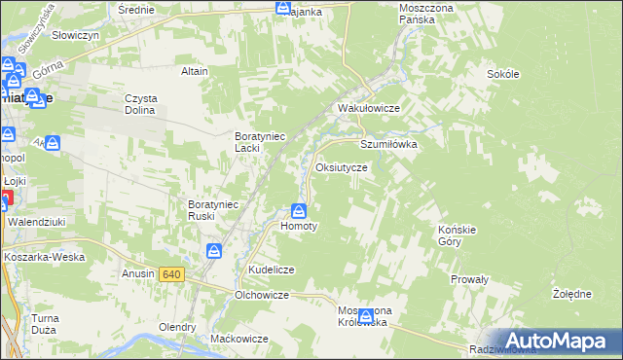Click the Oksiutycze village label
[342, 167]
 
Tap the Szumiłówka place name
[388, 143]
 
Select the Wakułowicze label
[369, 108]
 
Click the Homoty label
[299, 226]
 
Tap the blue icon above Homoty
[299, 210]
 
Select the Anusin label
[138, 273]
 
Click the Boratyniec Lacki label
[260, 142]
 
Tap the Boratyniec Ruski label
[213, 210]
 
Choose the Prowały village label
[469, 279]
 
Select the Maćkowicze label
[239, 338]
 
